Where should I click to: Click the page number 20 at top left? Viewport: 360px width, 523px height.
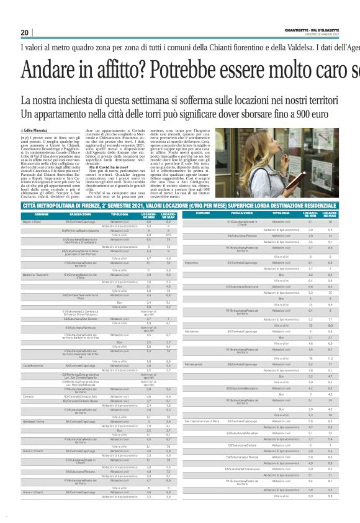(x=25, y=32)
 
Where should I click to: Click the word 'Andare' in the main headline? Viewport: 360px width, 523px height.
(x=50, y=69)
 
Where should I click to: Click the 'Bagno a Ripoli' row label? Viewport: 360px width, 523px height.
(x=32, y=221)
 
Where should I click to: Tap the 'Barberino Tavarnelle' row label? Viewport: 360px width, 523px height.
(x=36, y=273)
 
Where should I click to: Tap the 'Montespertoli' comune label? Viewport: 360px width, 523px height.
(x=193, y=364)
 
